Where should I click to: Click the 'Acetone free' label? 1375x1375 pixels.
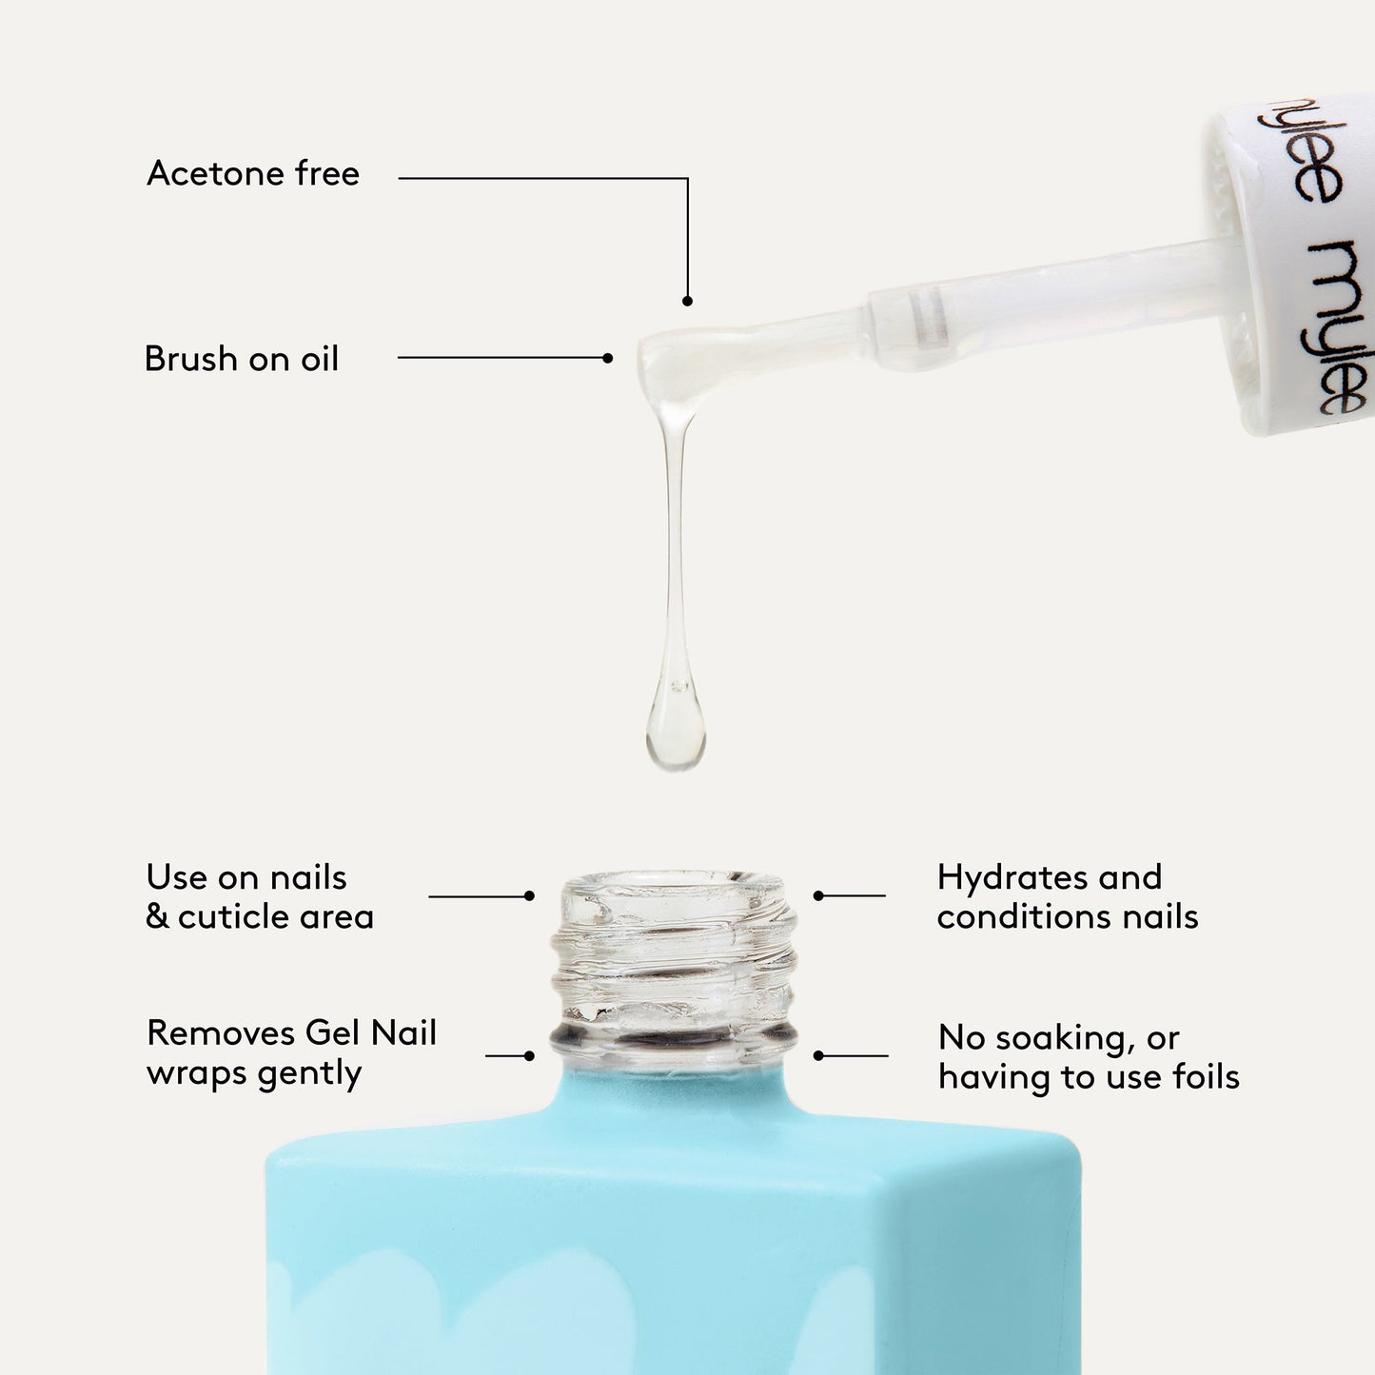point(253,174)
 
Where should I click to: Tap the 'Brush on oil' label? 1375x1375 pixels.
point(241,359)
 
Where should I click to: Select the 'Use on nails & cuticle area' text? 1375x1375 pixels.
point(259,896)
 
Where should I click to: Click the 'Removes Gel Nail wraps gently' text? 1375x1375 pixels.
point(291,1052)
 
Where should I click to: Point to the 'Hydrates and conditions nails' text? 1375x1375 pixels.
point(1067,896)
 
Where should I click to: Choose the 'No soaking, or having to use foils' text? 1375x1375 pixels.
point(1088,1057)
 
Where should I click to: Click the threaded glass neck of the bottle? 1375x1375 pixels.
point(675,966)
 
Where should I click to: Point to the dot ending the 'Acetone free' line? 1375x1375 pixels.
point(687,301)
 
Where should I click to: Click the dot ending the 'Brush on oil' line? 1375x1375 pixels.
point(608,358)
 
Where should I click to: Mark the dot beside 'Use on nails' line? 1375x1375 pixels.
point(529,895)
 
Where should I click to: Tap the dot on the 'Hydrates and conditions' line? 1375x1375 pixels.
point(818,895)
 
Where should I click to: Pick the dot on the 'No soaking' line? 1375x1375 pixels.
point(818,1055)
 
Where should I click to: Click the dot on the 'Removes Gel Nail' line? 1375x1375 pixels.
point(529,1055)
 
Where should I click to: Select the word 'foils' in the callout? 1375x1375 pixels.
point(1206,1077)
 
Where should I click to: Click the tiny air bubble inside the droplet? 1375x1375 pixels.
point(678,684)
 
